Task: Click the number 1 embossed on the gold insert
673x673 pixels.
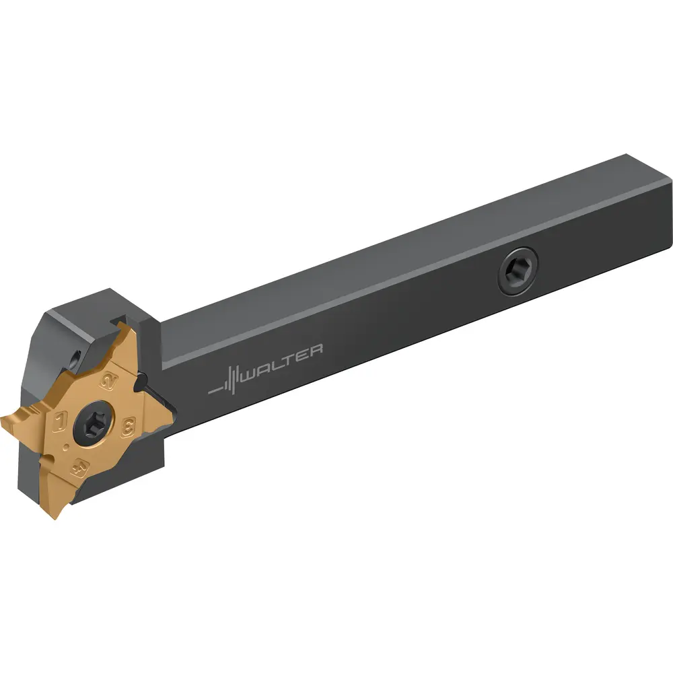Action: (59, 421)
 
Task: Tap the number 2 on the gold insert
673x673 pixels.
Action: (108, 381)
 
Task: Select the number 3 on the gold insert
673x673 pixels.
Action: (128, 427)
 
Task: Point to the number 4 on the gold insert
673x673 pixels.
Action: (80, 468)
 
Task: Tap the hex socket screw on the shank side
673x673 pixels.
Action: (518, 271)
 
